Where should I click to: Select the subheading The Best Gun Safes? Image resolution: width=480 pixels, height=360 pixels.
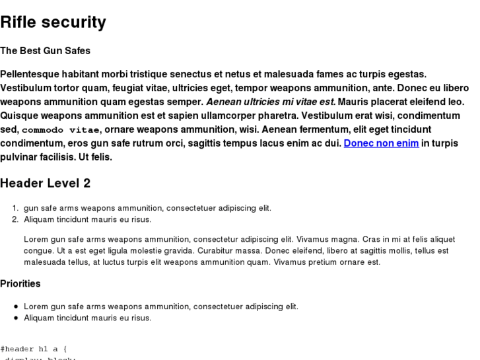45,50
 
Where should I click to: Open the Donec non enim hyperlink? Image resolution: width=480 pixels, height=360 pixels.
381,143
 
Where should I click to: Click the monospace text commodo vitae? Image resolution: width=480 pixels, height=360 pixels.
61,129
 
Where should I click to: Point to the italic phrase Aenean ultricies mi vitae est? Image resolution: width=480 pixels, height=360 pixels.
271,102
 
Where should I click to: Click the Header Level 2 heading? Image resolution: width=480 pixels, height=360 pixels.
45,183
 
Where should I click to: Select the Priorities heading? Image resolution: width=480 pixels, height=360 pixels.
20,283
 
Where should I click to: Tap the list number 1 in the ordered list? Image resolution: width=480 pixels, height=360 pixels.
15,208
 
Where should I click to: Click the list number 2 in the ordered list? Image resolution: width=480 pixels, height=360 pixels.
15,219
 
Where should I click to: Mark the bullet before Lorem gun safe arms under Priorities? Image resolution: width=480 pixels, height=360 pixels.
16,306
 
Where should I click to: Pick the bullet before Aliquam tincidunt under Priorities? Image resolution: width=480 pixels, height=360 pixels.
16,318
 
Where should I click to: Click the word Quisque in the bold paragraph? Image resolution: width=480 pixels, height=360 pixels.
19,116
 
